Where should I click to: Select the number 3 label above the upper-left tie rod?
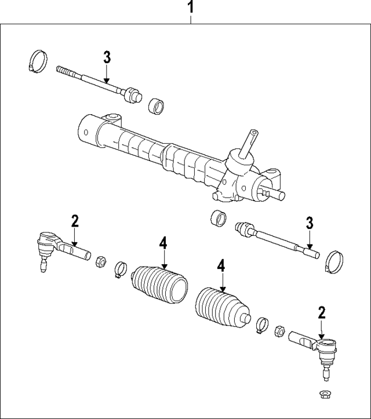coord(107,58)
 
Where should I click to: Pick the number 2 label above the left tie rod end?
coord(74,221)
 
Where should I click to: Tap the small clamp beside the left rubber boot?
coord(120,268)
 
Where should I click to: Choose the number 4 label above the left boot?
coord(163,243)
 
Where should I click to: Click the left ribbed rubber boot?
coord(161,285)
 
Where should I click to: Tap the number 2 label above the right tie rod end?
coord(322,313)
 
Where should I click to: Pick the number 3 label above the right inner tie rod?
coord(310,223)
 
